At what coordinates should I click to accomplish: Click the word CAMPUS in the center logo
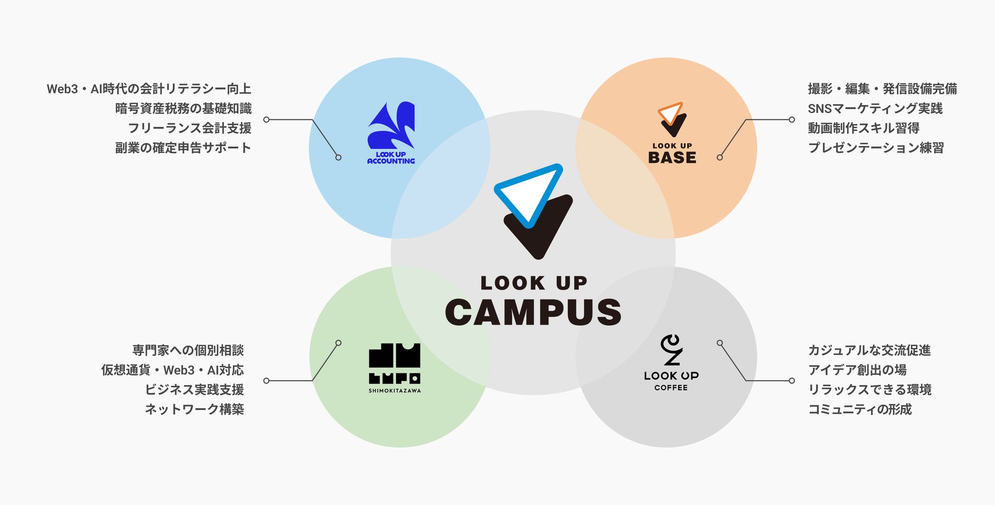click(533, 312)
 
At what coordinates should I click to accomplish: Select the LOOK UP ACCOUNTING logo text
click(391, 158)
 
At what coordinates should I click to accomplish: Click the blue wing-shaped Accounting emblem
click(391, 125)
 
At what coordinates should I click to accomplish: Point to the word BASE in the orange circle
click(672, 158)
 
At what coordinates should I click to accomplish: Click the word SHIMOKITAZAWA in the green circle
click(394, 391)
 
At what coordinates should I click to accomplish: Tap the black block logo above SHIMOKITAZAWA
click(394, 363)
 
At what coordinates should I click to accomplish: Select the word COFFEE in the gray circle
click(671, 388)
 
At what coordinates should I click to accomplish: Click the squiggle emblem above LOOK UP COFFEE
click(671, 350)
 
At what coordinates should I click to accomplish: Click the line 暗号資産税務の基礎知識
click(183, 109)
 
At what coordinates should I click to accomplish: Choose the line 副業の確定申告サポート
click(183, 148)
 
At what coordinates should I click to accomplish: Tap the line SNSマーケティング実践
click(875, 109)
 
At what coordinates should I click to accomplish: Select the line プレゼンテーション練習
click(876, 148)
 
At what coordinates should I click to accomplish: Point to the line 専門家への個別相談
click(188, 350)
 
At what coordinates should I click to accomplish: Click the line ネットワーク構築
click(194, 409)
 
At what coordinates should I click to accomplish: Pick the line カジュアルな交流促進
click(869, 350)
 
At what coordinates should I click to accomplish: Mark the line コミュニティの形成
click(860, 409)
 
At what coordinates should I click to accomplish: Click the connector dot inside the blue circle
click(338, 158)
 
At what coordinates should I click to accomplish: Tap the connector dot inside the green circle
click(338, 343)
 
